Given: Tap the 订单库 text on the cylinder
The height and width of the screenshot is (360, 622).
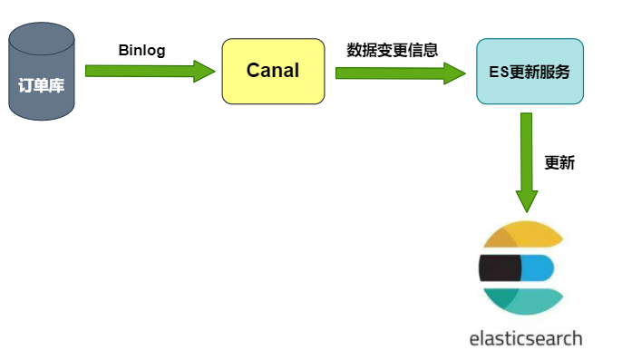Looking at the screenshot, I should [41, 87].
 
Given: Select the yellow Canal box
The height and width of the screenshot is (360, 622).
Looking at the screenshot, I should [273, 71].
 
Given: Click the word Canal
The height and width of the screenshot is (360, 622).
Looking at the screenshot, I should [273, 71].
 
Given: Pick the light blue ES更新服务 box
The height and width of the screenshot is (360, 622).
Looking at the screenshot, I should [530, 71].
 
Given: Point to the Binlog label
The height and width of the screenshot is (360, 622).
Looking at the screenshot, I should [141, 50].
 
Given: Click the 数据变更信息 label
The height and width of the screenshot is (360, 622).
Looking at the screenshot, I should [393, 50].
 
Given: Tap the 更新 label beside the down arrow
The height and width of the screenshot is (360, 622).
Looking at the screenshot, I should [559, 163].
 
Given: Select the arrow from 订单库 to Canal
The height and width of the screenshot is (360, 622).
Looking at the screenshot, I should [150, 71].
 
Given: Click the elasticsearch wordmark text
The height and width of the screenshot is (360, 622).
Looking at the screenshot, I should [526, 339].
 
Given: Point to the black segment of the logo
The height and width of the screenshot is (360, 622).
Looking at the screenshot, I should [498, 268].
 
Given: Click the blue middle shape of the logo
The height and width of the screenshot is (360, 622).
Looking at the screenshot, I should [537, 268].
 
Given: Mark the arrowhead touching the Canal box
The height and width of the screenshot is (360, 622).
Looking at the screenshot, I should [206, 71].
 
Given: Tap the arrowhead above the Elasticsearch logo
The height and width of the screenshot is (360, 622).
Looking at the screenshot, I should [527, 200].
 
